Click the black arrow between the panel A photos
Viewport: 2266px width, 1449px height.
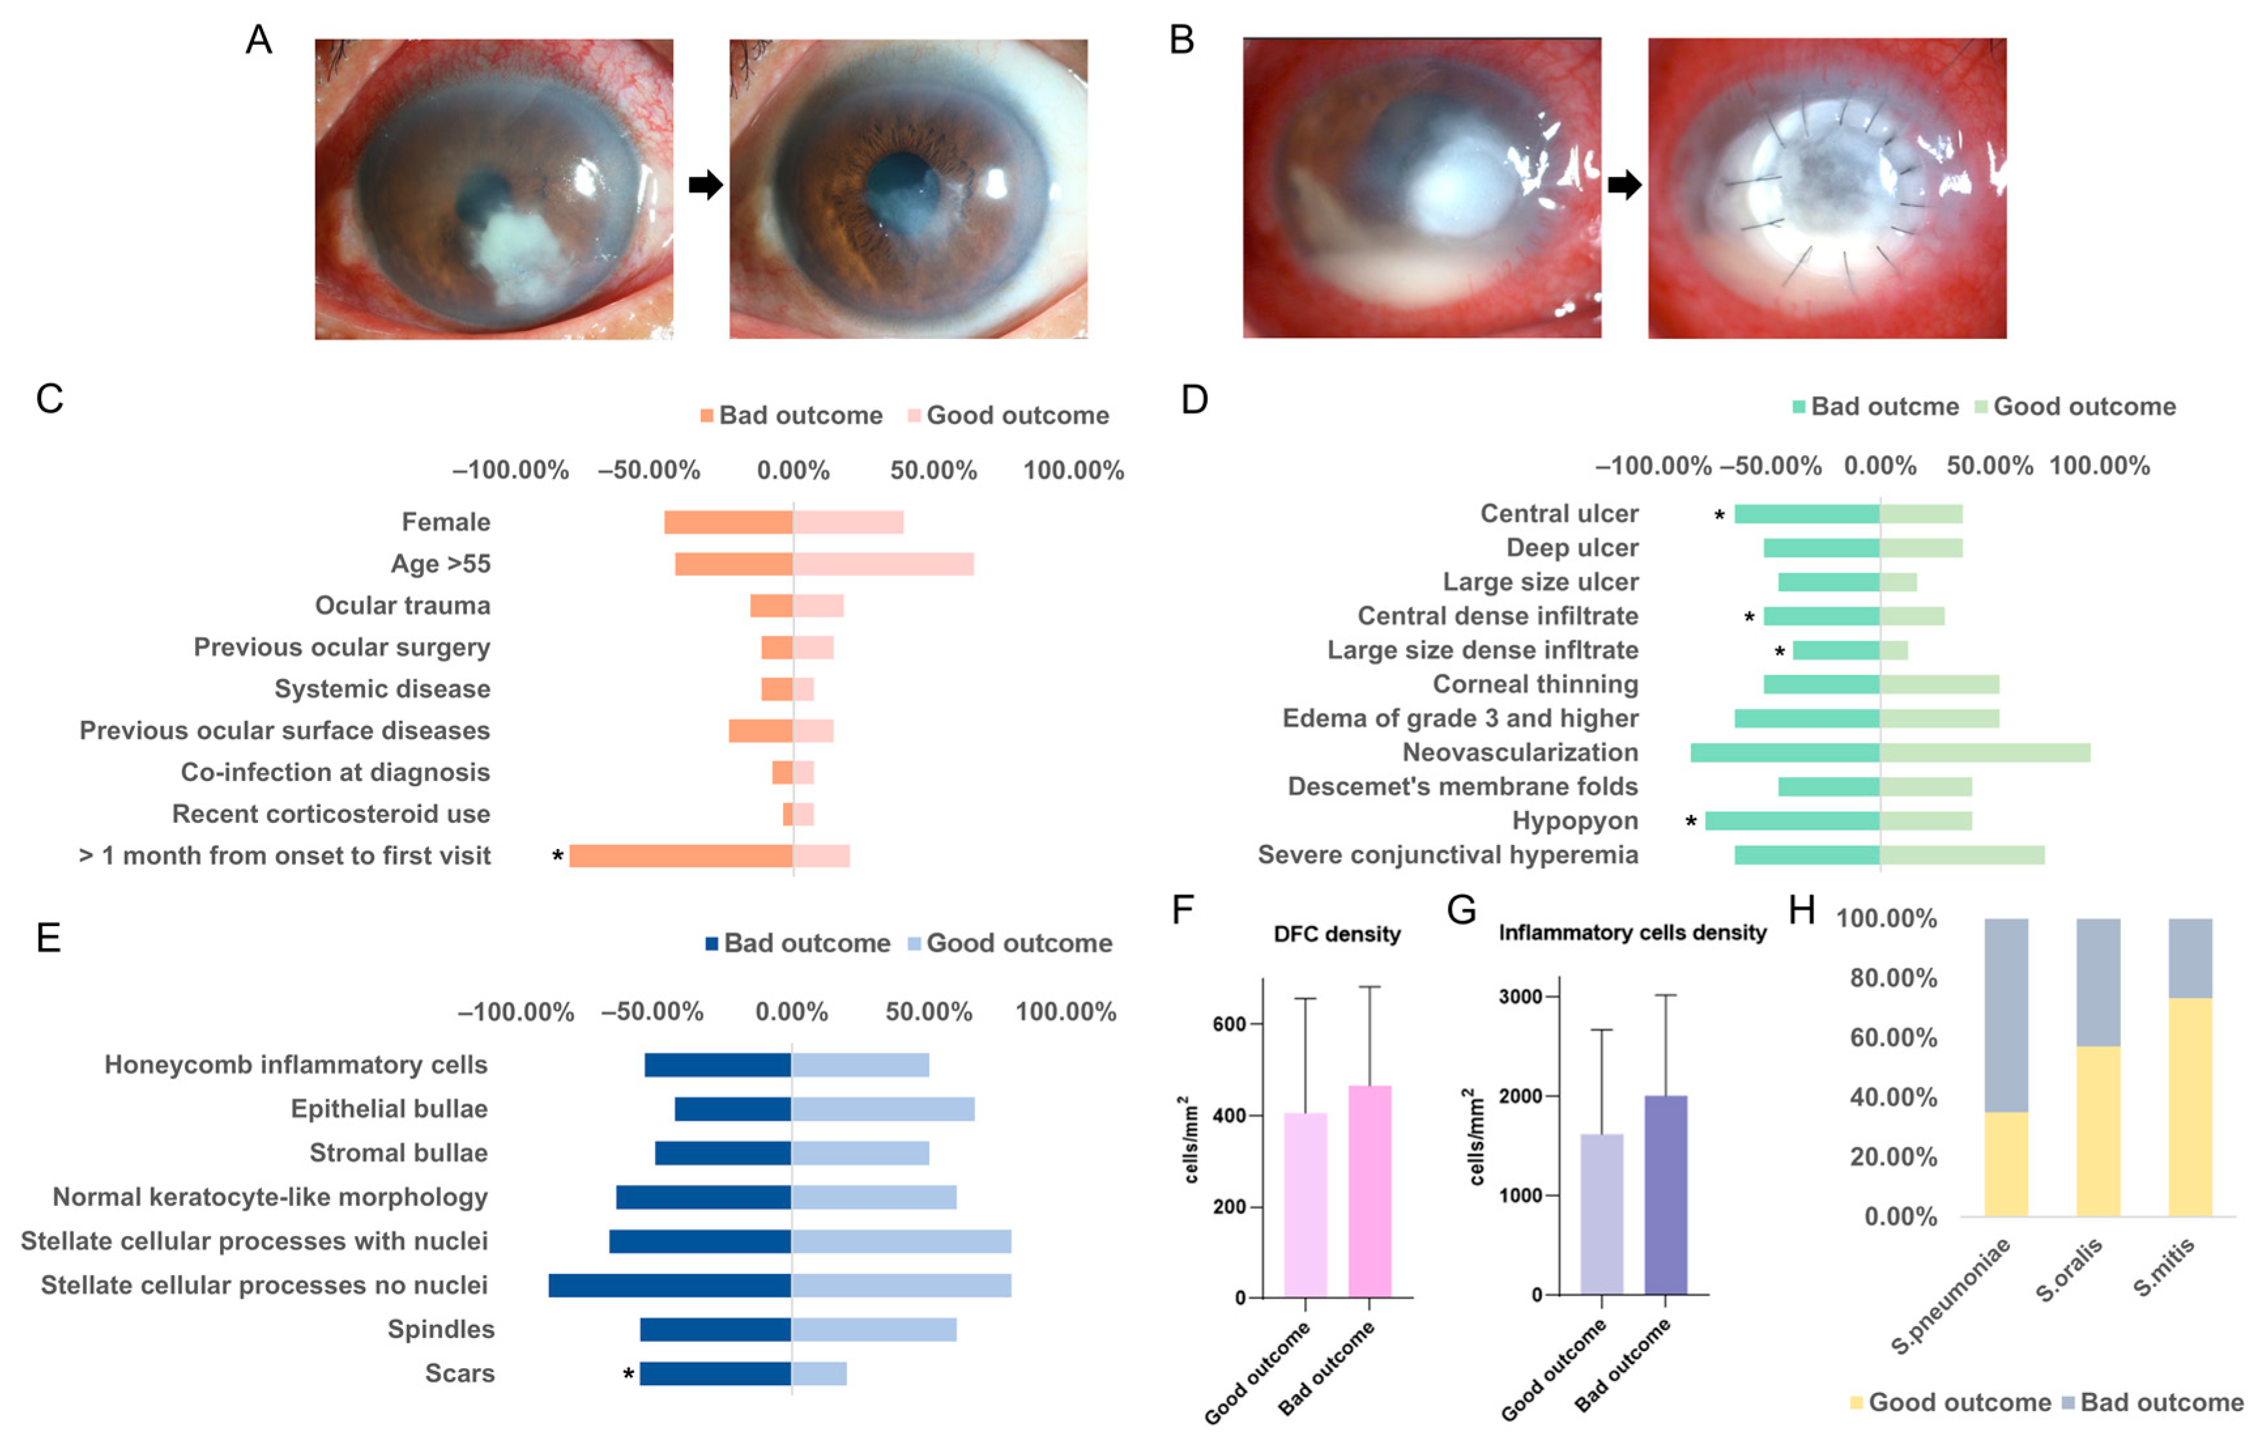pyautogui.click(x=705, y=184)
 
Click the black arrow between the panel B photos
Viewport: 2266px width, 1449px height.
pyautogui.click(x=1624, y=184)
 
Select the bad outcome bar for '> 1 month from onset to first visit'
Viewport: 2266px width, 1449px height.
pyautogui.click(x=680, y=855)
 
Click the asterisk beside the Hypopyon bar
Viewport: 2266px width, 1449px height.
pyautogui.click(x=1691, y=822)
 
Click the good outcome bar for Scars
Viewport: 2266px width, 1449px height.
pyautogui.click(x=819, y=1374)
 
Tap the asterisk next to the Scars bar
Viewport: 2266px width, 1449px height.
pyautogui.click(x=628, y=1376)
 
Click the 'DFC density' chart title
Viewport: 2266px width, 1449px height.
pyautogui.click(x=1336, y=934)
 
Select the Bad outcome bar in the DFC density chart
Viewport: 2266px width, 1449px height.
pyautogui.click(x=1369, y=1191)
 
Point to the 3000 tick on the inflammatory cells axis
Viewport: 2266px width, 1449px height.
pyautogui.click(x=1520, y=996)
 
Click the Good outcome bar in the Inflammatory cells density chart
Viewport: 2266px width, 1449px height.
pyautogui.click(x=1602, y=1214)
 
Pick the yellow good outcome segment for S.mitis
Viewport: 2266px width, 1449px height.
pyautogui.click(x=2190, y=1107)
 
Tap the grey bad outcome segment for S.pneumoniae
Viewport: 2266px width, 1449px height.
pyautogui.click(x=2006, y=1015)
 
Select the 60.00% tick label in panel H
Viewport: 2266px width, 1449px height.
pyautogui.click(x=1893, y=1038)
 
